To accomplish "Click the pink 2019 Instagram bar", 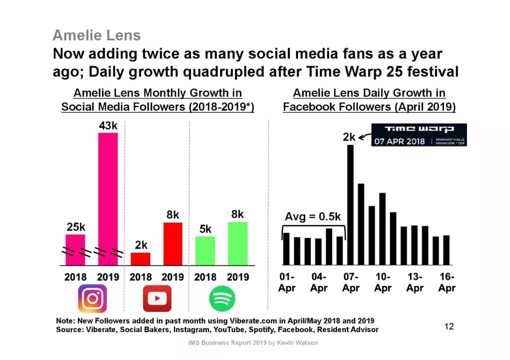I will tap(108, 198).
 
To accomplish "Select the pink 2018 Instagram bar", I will tap(75, 249).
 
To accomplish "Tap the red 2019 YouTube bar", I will tap(173, 243).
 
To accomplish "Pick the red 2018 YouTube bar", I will tap(140, 259).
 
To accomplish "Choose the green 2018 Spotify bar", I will tap(205, 250).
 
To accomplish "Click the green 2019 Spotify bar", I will tap(238, 243).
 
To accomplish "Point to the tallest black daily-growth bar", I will tap(350, 205).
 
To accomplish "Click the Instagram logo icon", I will tap(93, 299).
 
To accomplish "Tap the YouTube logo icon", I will tap(157, 299).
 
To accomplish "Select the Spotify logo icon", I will tap(222, 299).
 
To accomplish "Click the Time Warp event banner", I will tap(418, 135).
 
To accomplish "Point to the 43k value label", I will tap(108, 126).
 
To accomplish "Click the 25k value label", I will tap(76, 227).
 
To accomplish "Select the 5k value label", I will tap(205, 229).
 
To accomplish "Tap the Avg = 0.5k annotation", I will tap(313, 217).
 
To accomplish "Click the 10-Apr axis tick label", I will tap(382, 282).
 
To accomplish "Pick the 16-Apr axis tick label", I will tap(446, 282).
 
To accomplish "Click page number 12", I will tap(449, 326).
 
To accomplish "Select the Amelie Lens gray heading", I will tap(97, 35).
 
